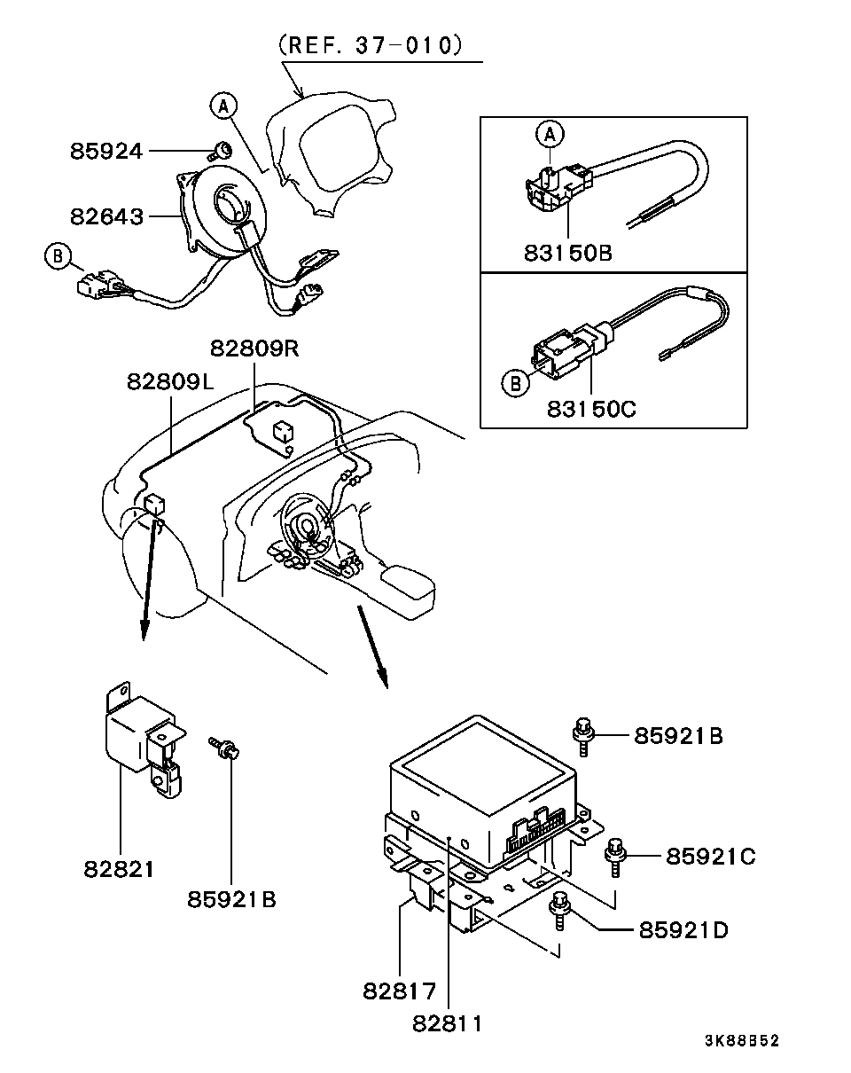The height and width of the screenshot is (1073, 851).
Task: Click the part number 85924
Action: (106, 151)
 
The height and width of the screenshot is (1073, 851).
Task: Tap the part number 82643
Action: (106, 216)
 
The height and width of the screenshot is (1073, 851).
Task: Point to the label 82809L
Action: (170, 382)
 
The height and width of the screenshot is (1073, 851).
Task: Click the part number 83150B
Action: (568, 253)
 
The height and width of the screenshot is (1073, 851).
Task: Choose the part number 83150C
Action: (592, 409)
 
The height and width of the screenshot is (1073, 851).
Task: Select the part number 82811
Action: (447, 1024)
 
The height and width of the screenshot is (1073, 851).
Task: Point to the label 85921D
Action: (683, 930)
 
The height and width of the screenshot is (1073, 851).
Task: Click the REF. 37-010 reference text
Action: (371, 45)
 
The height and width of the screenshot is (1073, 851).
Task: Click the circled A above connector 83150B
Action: (550, 134)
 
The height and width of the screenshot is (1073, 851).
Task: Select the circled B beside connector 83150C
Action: (515, 383)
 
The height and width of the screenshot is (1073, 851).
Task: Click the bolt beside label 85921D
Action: (560, 911)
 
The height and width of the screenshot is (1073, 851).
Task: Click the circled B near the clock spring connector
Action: (58, 255)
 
